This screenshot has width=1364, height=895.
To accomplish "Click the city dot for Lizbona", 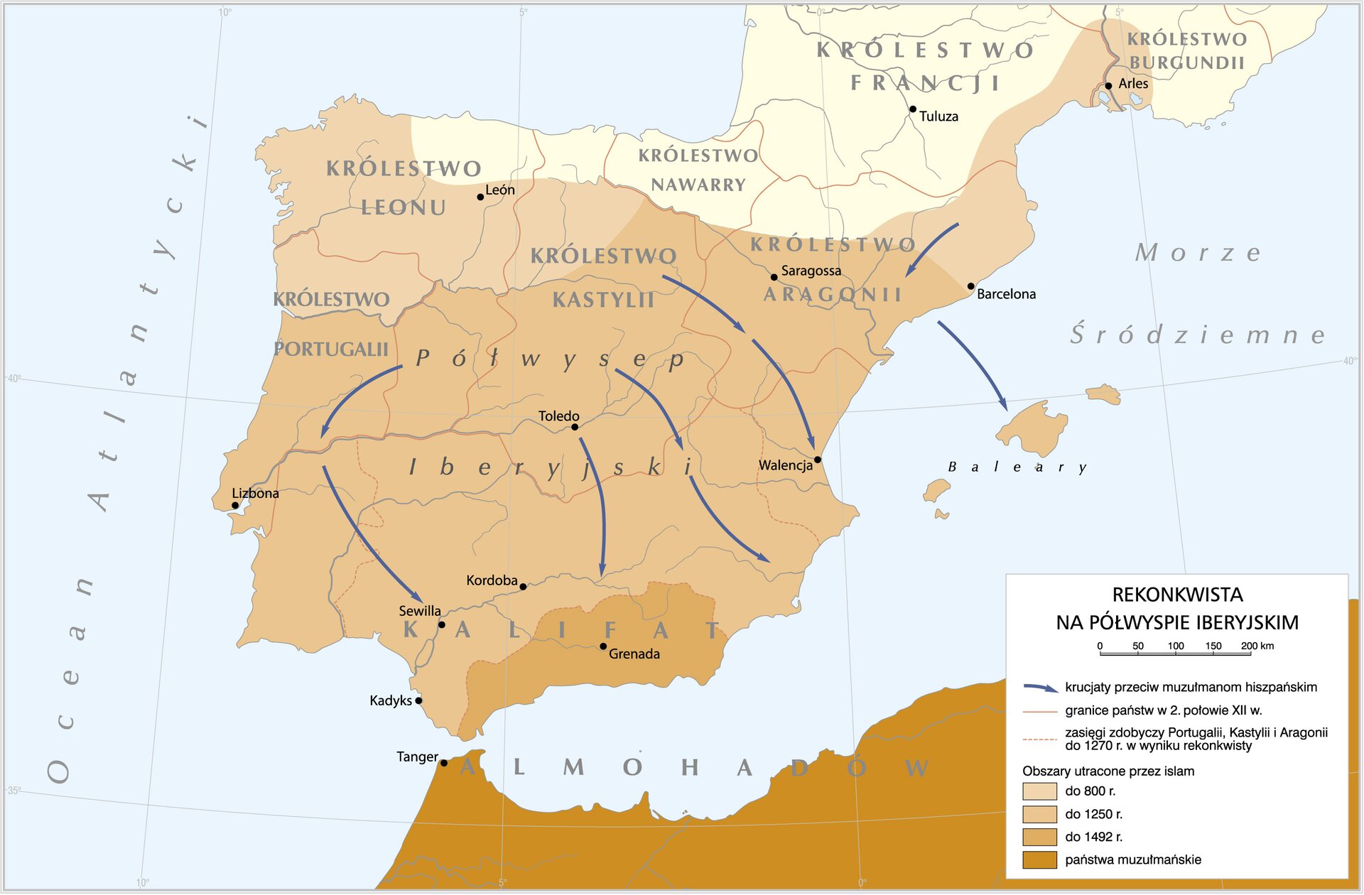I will [235, 506].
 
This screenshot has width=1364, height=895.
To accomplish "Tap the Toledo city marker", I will [575, 427].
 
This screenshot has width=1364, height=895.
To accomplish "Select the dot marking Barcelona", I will [971, 286].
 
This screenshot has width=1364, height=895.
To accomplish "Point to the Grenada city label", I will [634, 654].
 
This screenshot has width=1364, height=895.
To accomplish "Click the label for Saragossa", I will [811, 271].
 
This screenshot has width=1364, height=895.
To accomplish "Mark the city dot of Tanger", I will [444, 763].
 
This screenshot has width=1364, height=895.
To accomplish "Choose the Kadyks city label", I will [391, 701].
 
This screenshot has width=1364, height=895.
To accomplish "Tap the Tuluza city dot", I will [913, 109].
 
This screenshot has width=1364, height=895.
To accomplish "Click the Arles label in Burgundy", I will [1133, 84].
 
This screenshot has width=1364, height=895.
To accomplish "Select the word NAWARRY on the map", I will [698, 185].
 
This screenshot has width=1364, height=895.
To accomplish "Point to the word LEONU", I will [404, 207].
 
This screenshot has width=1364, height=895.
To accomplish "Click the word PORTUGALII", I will [331, 349].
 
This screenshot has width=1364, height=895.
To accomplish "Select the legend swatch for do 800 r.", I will [1039, 791].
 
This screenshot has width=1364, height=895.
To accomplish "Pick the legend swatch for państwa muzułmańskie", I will [1039, 860].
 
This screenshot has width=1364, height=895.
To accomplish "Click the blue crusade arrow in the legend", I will [1040, 688].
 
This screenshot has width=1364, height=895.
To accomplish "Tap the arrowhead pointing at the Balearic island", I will [1005, 407].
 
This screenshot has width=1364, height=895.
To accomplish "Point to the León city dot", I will [480, 197].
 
